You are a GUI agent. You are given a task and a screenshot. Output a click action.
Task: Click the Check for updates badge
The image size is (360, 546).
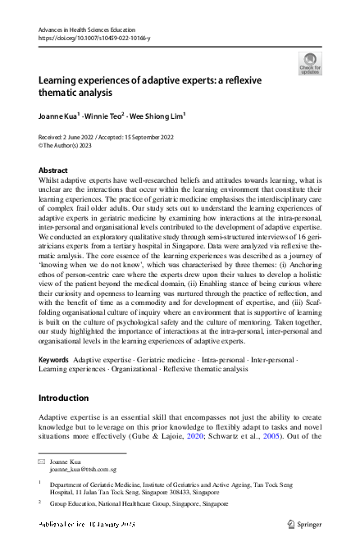310,63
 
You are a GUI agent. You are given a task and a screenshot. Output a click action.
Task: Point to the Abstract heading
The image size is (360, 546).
53,170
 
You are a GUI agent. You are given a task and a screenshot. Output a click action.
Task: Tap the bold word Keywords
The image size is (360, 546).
53,360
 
